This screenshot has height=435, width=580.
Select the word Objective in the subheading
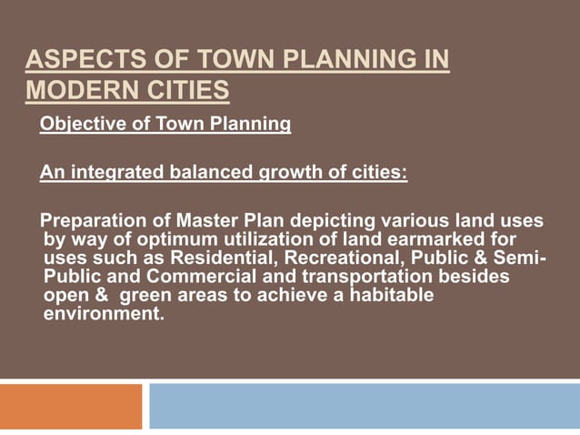(78, 124)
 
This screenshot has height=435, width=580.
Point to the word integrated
(111, 173)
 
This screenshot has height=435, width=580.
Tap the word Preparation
(94, 221)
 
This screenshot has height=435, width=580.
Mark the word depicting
(328, 221)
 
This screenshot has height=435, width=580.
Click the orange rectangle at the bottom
(71, 407)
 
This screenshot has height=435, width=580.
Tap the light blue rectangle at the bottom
(364, 407)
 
